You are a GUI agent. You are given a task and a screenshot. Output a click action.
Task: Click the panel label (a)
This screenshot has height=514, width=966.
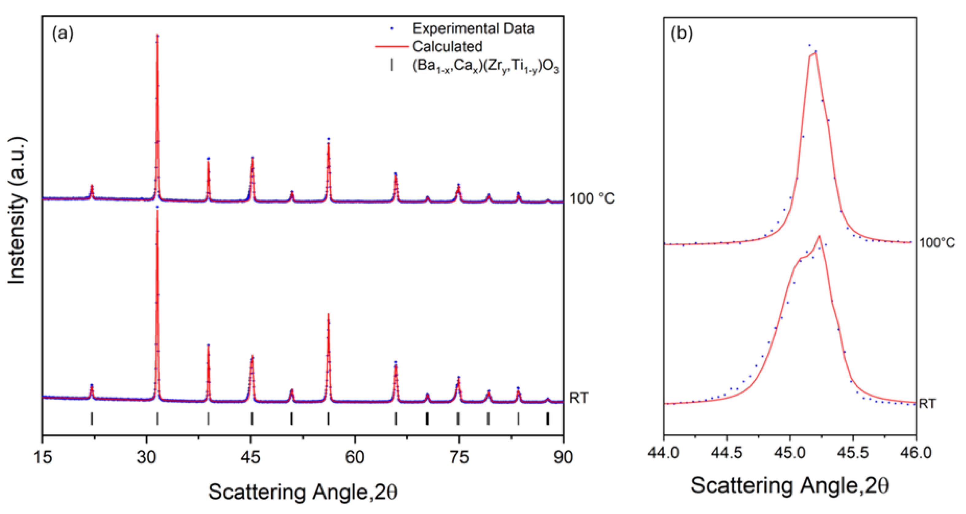click(x=63, y=34)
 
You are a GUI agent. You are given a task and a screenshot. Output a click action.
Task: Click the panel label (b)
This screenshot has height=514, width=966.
click(x=681, y=34)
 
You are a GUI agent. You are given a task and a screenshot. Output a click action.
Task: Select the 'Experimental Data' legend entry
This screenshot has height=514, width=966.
click(x=473, y=29)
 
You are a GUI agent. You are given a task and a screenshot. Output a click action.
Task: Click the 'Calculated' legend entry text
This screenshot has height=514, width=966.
click(x=447, y=46)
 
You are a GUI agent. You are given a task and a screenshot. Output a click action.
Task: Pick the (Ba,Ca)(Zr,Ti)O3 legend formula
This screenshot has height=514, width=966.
click(x=486, y=67)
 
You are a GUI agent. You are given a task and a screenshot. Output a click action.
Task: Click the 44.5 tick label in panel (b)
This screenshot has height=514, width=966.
click(x=727, y=453)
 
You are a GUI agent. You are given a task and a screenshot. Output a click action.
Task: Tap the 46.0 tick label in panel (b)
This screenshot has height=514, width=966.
click(x=916, y=453)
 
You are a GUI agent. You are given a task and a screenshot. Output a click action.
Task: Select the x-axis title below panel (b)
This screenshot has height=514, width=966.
click(x=789, y=486)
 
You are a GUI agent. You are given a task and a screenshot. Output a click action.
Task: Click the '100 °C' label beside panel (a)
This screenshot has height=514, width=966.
click(x=592, y=198)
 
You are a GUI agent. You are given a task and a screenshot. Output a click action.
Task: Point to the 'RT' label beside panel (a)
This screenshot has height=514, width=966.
click(x=579, y=398)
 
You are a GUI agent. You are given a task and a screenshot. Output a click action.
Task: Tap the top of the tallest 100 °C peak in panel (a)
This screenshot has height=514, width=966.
click(x=157, y=36)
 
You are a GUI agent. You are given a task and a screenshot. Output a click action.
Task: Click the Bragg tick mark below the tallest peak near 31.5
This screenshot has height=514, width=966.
click(x=157, y=418)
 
